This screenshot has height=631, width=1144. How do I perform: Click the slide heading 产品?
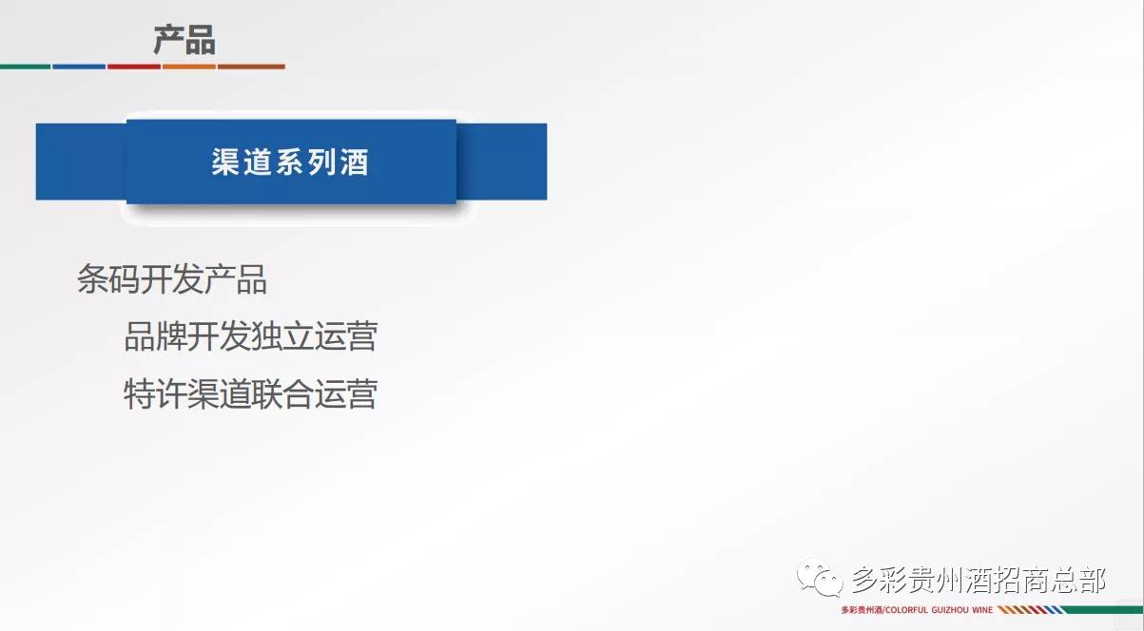pyautogui.click(x=184, y=40)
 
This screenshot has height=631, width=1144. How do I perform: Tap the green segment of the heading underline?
pyautogui.click(x=25, y=67)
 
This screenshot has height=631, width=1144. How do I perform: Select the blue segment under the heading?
pyautogui.click(x=79, y=67)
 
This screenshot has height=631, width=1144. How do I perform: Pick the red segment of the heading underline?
pyautogui.click(x=133, y=67)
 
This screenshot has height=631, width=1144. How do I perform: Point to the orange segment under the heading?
pyautogui.click(x=188, y=67)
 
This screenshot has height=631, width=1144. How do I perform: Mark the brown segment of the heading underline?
pyautogui.click(x=251, y=67)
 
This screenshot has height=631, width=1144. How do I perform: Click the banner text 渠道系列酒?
pyautogui.click(x=290, y=163)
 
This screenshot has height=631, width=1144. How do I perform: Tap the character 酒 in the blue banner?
pyautogui.click(x=355, y=163)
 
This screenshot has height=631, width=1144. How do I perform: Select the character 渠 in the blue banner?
pyautogui.click(x=225, y=163)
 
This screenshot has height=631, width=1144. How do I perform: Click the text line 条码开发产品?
pyautogui.click(x=172, y=279)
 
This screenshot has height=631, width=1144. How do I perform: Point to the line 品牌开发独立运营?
pyautogui.click(x=251, y=335)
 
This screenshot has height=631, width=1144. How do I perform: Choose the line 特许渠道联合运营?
pyautogui.click(x=251, y=392)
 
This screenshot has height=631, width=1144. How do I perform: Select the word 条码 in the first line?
pyautogui.click(x=108, y=279)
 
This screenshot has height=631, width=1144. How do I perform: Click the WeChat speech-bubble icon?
pyautogui.click(x=820, y=576)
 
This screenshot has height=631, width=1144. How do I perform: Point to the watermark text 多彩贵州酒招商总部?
pyautogui.click(x=979, y=577)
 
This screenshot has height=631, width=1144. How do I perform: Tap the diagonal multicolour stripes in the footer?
pyautogui.click(x=1030, y=609)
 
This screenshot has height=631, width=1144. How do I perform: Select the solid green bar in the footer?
pyautogui.click(x=1103, y=609)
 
